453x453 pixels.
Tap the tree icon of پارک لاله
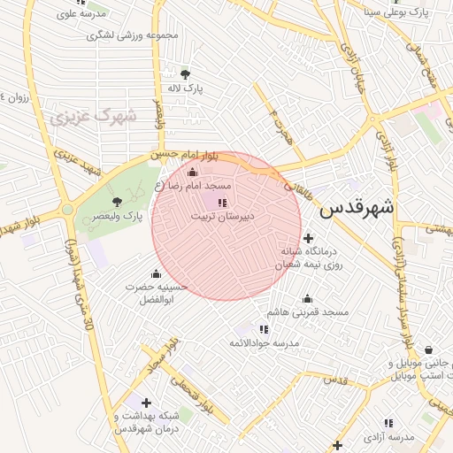pos(185,74)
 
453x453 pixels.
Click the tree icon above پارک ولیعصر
pos(118,203)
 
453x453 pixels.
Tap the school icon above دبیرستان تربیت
pos(221,203)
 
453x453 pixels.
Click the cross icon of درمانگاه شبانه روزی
pos(308,237)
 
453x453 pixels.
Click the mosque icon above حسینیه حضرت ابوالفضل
pos(157,273)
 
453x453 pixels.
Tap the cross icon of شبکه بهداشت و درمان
pos(146,403)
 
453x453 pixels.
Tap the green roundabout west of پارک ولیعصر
pos(67,211)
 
